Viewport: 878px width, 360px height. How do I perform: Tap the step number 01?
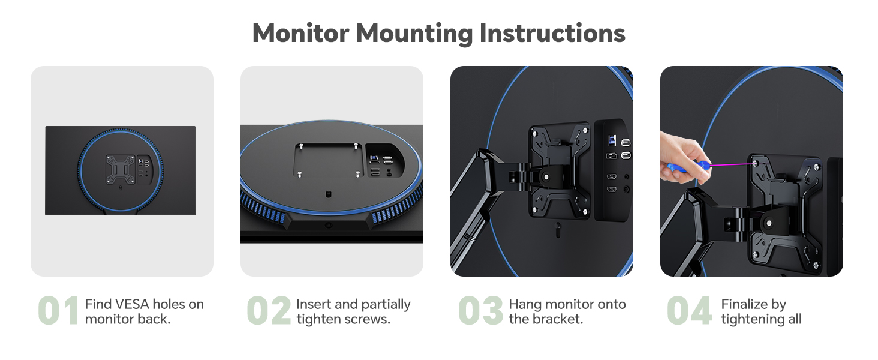click(x=58, y=311)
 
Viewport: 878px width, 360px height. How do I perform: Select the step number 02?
click(x=269, y=311)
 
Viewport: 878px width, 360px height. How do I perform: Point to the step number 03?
click(x=480, y=311)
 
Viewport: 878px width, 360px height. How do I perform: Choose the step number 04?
click(x=690, y=311)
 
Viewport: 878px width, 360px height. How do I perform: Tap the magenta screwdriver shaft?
click(x=732, y=164)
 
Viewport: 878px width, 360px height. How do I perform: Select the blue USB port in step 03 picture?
click(x=611, y=140)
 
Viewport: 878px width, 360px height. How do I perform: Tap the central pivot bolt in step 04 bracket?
click(x=769, y=223)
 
